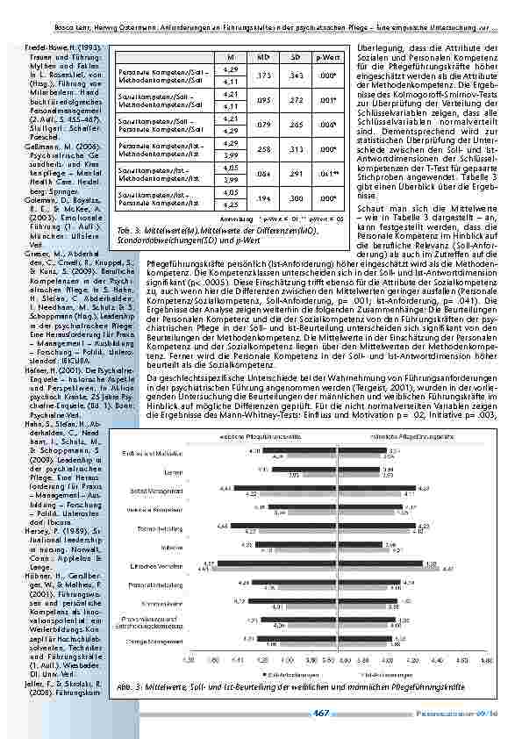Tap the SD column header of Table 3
coord(297,56)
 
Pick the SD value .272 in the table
coord(297,99)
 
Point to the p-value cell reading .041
coord(328,174)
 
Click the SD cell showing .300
coord(297,198)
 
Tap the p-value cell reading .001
coord(328,99)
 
